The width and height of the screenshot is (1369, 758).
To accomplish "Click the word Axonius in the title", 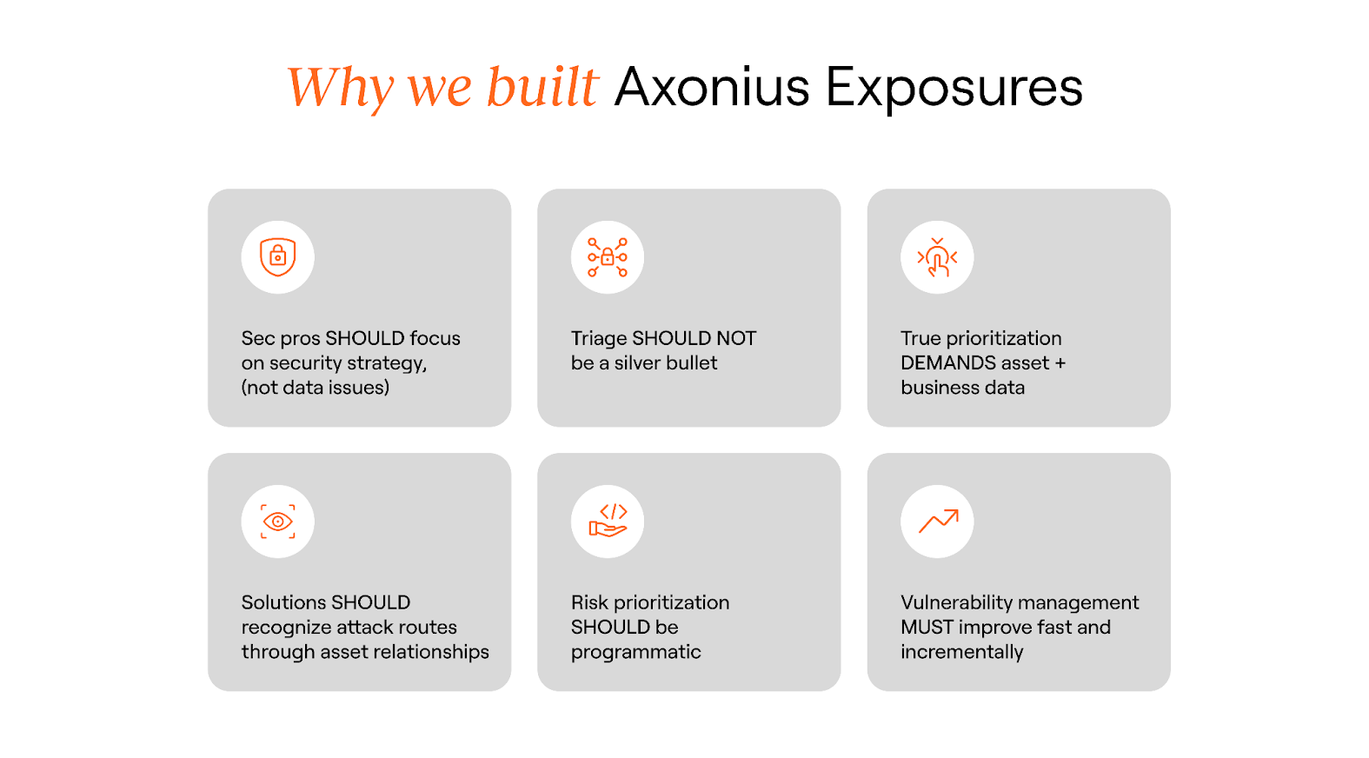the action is coord(712,87).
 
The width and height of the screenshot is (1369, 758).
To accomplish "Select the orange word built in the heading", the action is coord(542,87).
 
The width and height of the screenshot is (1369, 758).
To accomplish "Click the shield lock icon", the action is coord(278,257).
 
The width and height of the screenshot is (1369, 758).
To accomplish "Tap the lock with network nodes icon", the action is coord(608,257).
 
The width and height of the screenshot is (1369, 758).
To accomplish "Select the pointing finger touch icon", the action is coord(937,257).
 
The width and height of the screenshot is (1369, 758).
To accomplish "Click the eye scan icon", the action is coord(278,522).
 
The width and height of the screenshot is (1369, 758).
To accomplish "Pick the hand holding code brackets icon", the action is coord(608,521).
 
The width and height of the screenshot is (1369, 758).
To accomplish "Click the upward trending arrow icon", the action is coord(938,521).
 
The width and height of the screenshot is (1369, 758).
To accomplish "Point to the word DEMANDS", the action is coord(948,363).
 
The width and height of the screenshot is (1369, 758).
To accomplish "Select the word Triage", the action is coord(599,339).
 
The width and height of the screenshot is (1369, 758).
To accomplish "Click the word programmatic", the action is coord(635,652).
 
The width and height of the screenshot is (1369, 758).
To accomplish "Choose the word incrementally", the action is coord(961,652).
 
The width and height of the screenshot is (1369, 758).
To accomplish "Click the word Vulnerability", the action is coord(956,602).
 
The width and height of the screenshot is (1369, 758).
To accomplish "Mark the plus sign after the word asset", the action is coord(1060,363).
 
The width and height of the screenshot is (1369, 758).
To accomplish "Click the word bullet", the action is coord(693,363).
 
